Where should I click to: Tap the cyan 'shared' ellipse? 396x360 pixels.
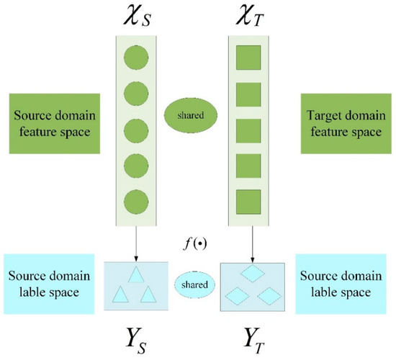click(x=194, y=284)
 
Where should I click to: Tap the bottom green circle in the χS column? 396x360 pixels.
click(x=137, y=199)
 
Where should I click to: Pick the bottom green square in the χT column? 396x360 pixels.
click(x=248, y=199)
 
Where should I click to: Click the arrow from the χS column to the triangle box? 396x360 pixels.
click(x=137, y=241)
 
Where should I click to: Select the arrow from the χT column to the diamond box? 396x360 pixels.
click(x=248, y=241)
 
